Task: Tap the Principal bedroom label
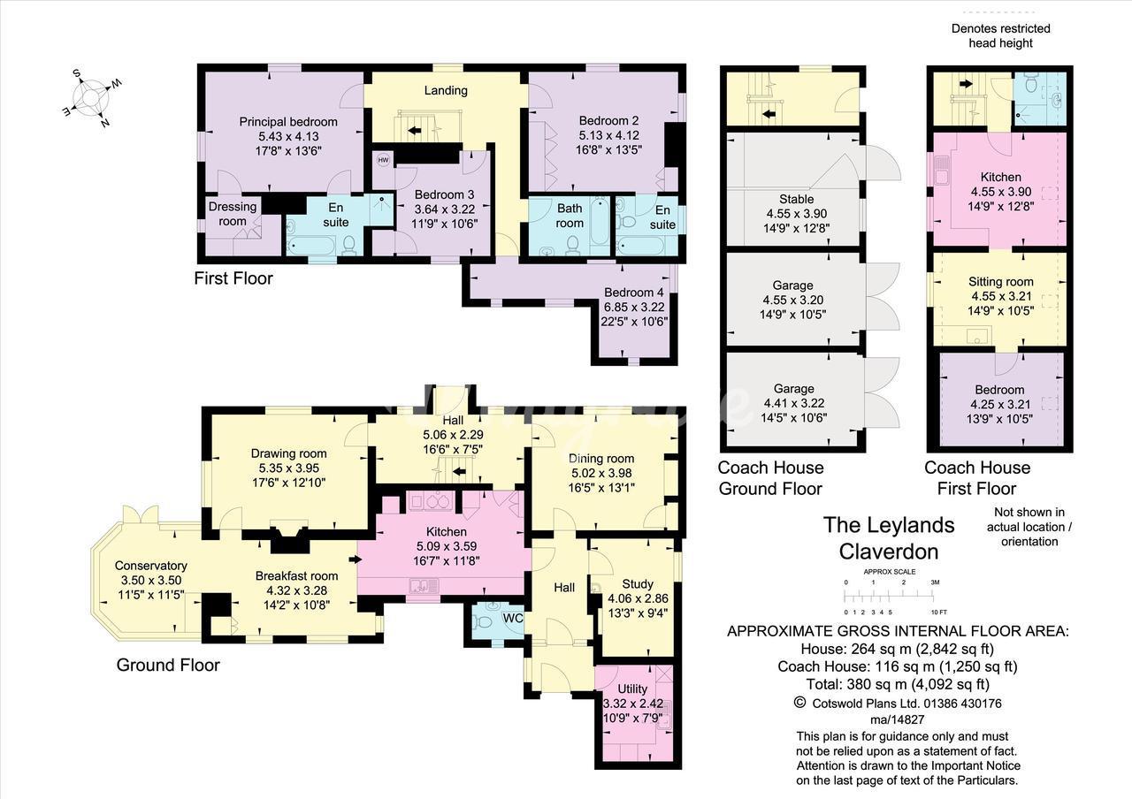[x=287, y=122]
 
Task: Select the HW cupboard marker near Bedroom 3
[x=383, y=160]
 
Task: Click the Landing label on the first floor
[x=446, y=90]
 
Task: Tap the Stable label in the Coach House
[x=796, y=199]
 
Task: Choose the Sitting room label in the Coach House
[x=1001, y=282]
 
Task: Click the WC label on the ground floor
[x=513, y=618]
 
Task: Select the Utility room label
[x=632, y=689]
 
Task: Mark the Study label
[x=637, y=584]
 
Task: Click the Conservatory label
[x=151, y=566]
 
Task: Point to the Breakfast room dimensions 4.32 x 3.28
[x=296, y=590]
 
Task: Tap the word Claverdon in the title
[x=888, y=552]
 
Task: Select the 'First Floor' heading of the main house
[x=233, y=278]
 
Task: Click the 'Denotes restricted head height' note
[x=1000, y=35]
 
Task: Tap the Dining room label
[x=601, y=458]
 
